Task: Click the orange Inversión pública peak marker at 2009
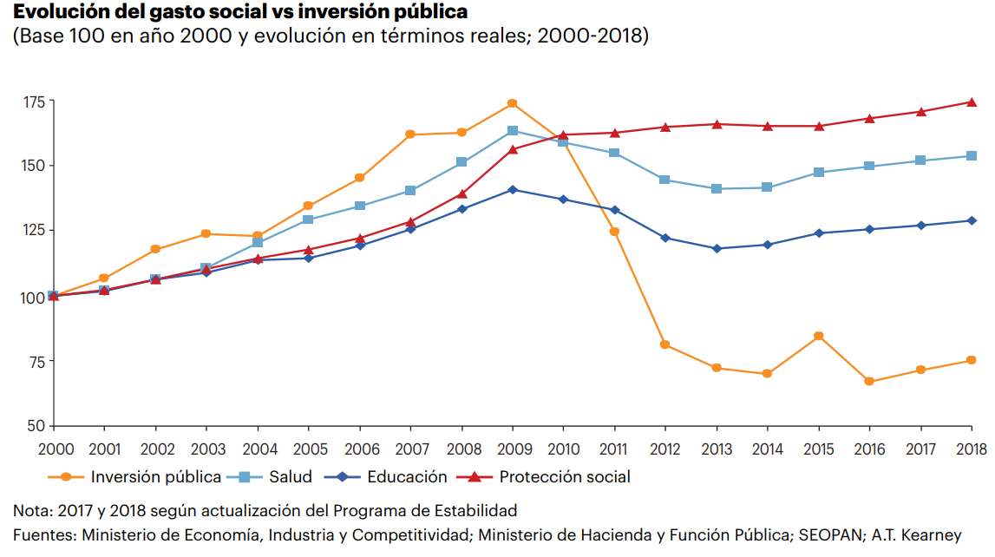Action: [512, 103]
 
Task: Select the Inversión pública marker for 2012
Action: [665, 344]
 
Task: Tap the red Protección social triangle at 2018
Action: [972, 102]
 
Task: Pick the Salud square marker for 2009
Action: [512, 131]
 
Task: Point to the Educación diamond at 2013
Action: [717, 248]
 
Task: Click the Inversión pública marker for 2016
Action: [869, 381]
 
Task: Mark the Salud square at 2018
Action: [972, 156]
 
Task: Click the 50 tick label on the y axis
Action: [36, 426]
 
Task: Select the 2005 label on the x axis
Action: [308, 449]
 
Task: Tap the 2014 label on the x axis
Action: [767, 449]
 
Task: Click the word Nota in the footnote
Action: [30, 509]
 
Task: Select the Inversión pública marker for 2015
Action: [818, 336]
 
